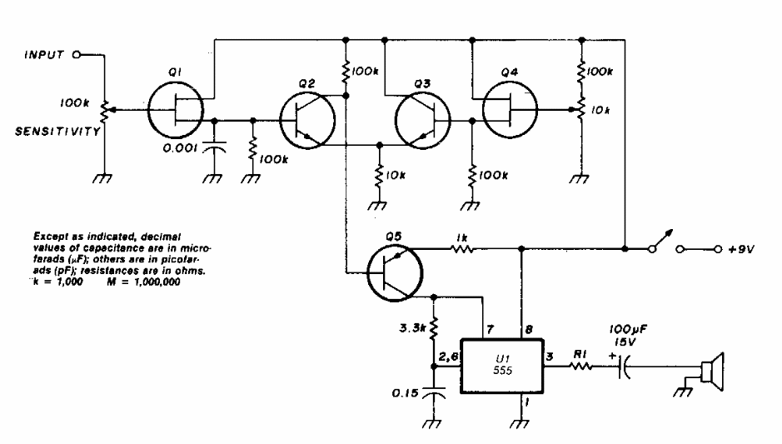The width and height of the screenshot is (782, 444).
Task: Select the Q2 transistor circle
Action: click(x=307, y=119)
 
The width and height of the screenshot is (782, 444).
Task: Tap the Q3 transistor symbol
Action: click(x=424, y=119)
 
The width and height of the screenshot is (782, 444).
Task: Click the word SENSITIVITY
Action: click(x=51, y=131)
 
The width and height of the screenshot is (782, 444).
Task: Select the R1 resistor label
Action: click(x=580, y=353)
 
